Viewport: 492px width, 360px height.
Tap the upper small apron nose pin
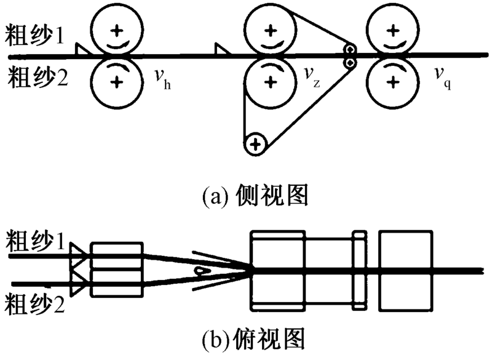[x=350, y=49]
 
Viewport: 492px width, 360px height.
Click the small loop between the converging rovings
[x=200, y=270]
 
